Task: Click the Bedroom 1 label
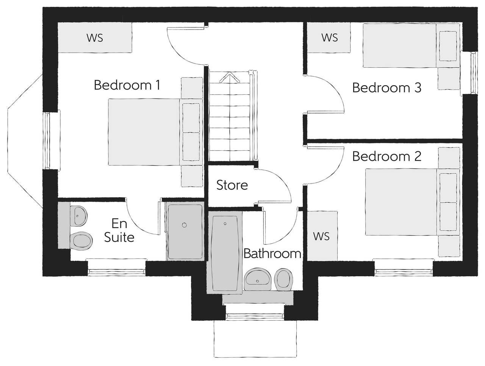pyautogui.click(x=127, y=85)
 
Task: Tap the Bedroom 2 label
pyautogui.click(x=386, y=156)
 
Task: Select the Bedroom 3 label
pyautogui.click(x=386, y=88)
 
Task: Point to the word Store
pyautogui.click(x=232, y=185)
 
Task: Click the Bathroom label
pyautogui.click(x=272, y=253)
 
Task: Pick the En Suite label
pyautogui.click(x=119, y=230)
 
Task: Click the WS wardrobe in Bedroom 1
pyautogui.click(x=95, y=37)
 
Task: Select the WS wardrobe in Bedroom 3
pyautogui.click(x=329, y=37)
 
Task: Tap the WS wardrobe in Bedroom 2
pyautogui.click(x=322, y=236)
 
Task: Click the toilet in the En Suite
pyautogui.click(x=81, y=240)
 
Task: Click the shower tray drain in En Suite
pyautogui.click(x=185, y=225)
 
